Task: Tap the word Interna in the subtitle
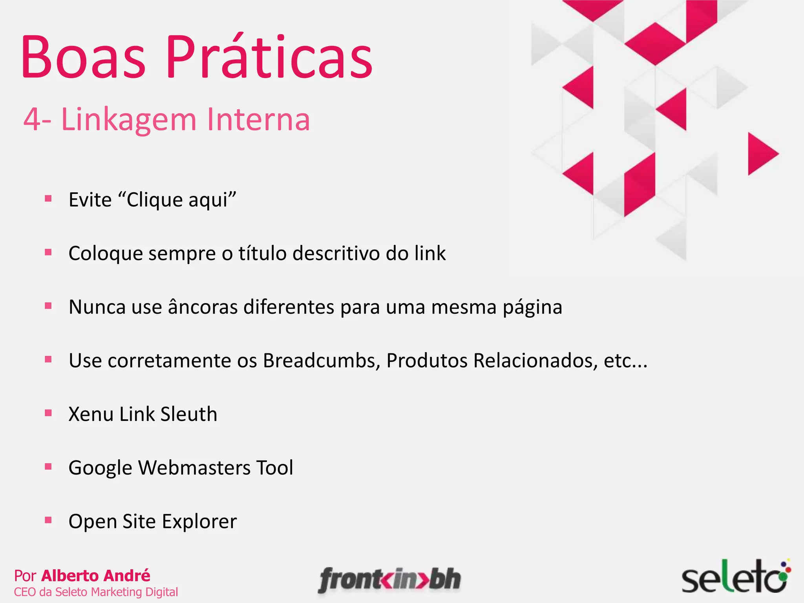coord(258,119)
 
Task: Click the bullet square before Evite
coord(48,199)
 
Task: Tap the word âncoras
coord(203,307)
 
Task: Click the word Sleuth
coord(189,414)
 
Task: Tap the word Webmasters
coord(194,468)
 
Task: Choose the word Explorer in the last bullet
coord(199,522)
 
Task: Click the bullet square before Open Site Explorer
coord(48,521)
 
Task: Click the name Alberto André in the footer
coord(96,576)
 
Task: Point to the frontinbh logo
coord(389,580)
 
